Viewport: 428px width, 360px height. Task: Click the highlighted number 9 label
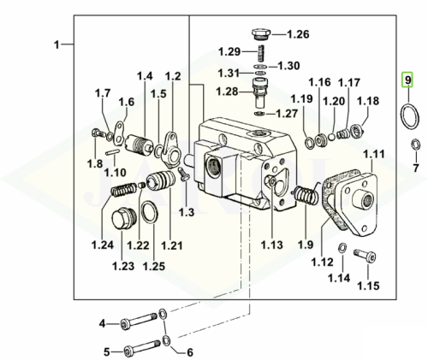click(407, 80)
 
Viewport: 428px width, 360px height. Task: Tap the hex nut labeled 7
click(415, 145)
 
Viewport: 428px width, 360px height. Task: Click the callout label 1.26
click(298, 34)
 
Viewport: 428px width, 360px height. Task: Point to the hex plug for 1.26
click(260, 35)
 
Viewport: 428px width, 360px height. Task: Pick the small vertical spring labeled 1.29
click(261, 53)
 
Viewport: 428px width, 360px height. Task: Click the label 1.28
click(227, 91)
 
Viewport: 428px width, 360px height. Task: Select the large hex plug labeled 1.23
click(124, 219)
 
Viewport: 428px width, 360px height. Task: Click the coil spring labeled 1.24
click(123, 189)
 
